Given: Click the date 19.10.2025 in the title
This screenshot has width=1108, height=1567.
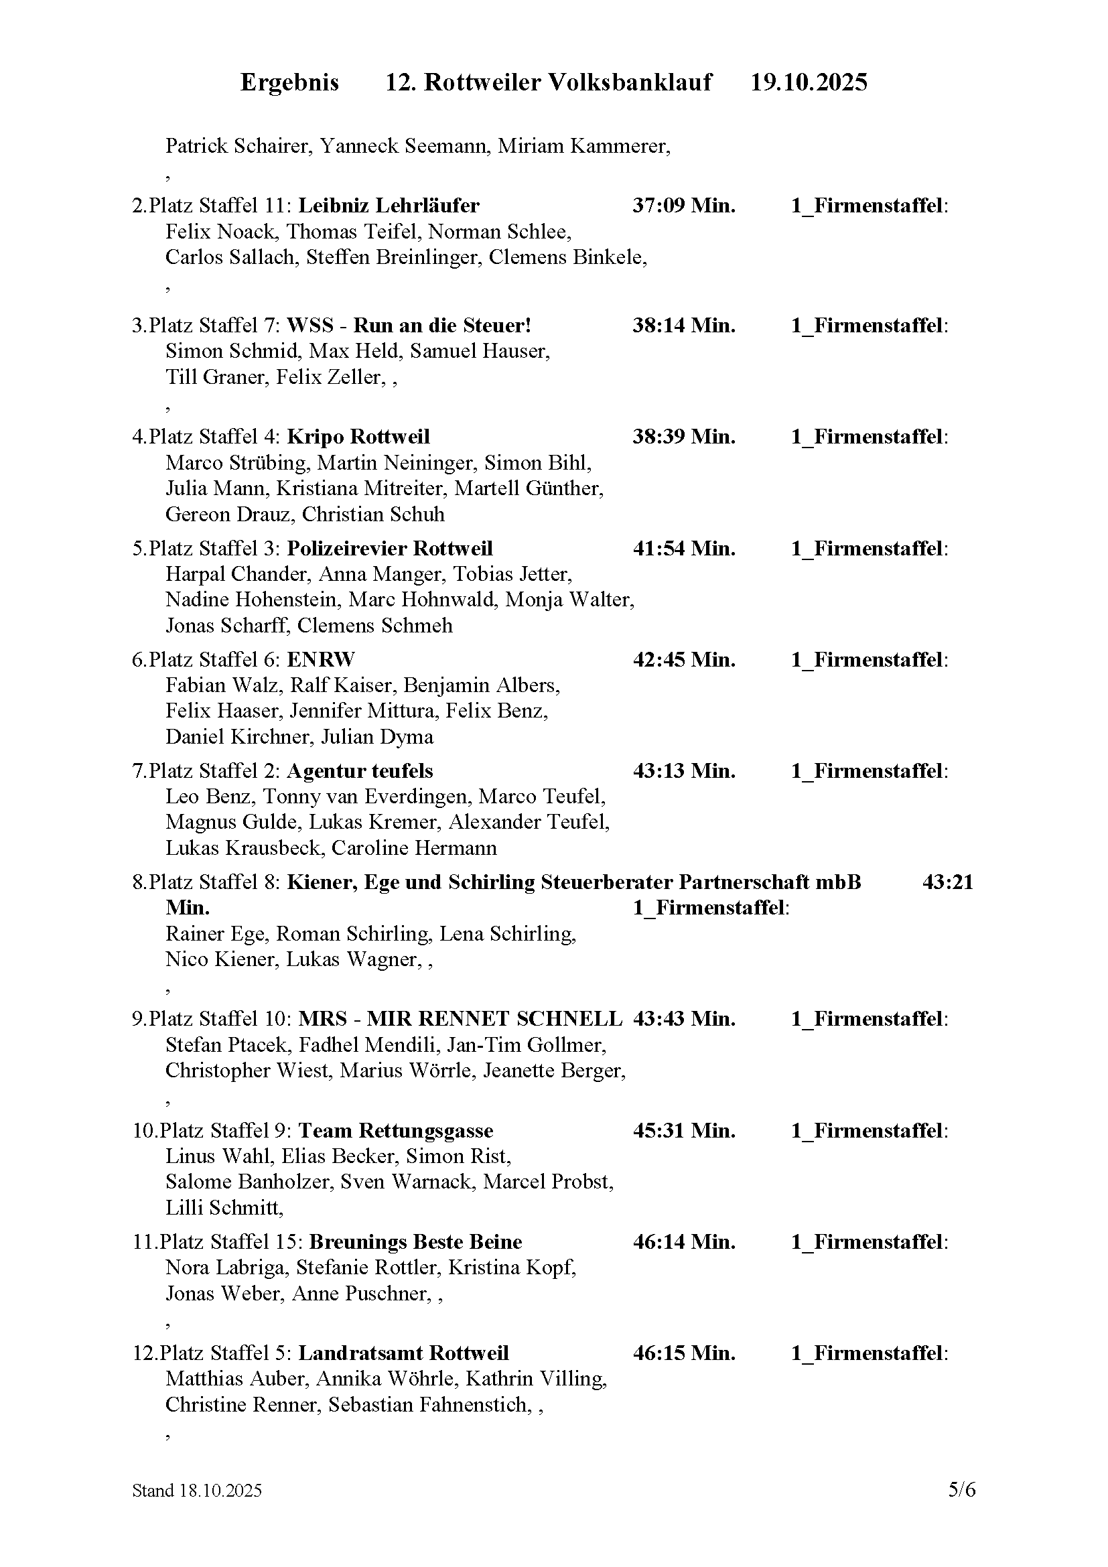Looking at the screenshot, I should coord(809,82).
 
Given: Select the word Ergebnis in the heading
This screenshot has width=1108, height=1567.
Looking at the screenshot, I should coord(289,82).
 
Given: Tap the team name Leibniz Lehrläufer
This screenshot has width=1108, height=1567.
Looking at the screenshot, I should coord(389,206).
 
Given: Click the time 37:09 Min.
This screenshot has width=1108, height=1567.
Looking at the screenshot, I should coord(684,206).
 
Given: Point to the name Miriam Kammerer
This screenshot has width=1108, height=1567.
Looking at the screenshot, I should coord(583,146).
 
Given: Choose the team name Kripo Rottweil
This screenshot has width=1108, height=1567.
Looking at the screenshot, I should coord(358,437).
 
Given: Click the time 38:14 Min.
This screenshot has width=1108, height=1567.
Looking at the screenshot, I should coord(684,326).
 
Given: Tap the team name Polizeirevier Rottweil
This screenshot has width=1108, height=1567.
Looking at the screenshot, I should coord(390,549).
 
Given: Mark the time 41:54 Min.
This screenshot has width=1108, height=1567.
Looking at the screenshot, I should coord(684,549).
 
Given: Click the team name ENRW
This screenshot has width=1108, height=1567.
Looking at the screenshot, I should coord(321,660).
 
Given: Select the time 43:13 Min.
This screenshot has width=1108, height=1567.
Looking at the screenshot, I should coord(684,771).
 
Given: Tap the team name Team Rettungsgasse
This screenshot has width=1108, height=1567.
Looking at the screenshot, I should coord(396,1131).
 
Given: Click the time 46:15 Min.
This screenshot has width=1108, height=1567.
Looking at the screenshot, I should coord(684,1353).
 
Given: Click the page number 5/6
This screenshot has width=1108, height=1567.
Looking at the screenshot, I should coord(961,1489).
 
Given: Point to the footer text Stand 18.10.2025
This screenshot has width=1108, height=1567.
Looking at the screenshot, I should coord(197,1491).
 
